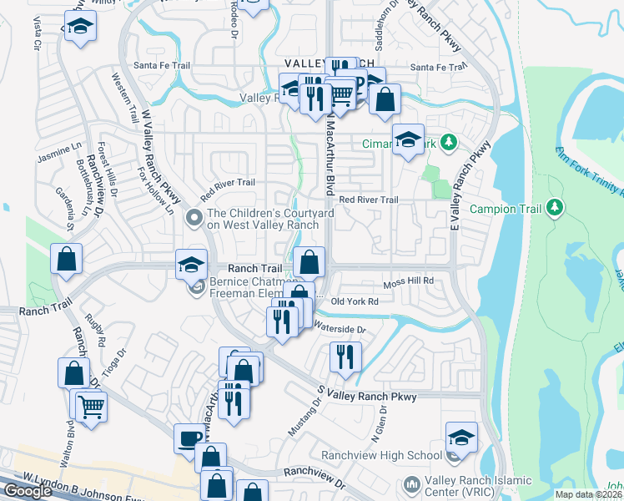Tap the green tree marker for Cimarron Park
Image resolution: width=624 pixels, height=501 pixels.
(x=449, y=143)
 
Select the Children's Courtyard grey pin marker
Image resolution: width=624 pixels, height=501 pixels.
(x=194, y=219)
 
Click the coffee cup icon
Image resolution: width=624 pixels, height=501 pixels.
(x=189, y=438)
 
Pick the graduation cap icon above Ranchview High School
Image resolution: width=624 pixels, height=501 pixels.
(x=460, y=437)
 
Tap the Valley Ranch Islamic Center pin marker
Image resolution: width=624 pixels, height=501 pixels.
(x=410, y=484)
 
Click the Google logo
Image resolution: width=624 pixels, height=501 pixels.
(x=28, y=491)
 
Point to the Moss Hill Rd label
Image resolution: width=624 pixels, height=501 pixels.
(x=409, y=282)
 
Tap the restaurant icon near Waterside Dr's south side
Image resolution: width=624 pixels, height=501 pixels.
(x=345, y=357)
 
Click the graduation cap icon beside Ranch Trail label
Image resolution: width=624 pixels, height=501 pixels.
(x=191, y=265)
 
